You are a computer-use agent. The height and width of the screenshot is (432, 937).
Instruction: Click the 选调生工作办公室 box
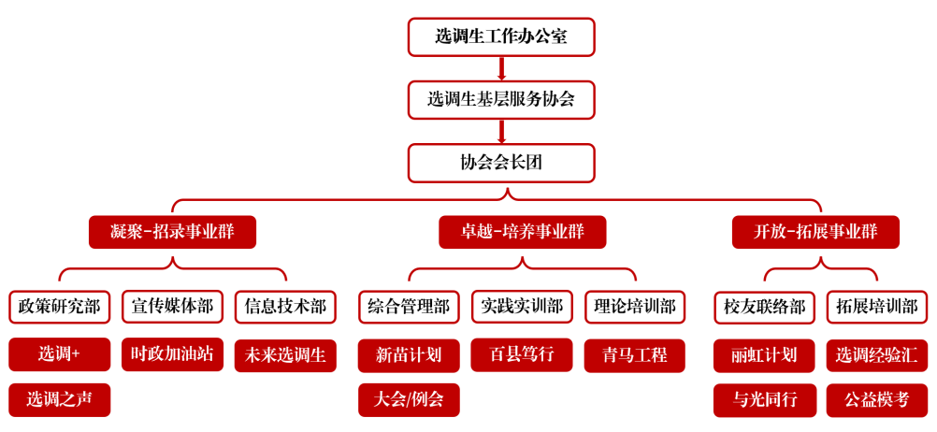[501, 37]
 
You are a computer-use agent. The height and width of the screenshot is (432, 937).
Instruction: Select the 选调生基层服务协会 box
[501, 100]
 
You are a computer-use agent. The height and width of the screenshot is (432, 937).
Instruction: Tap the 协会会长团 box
[501, 163]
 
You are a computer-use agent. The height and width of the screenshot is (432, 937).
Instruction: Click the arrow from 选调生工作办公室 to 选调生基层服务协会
[501, 68]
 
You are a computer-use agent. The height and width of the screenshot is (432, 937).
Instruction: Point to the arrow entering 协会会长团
[501, 132]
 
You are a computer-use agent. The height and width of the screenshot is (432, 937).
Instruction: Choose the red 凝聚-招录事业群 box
[173, 232]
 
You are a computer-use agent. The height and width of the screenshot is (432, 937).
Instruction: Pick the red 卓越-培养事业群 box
[523, 232]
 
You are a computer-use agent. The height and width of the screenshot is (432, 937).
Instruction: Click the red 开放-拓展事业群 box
[815, 232]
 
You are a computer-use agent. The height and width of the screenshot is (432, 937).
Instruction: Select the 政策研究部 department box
[60, 307]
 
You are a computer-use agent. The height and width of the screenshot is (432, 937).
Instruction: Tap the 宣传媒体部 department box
[172, 307]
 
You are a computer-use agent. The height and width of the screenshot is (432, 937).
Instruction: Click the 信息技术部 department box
[285, 307]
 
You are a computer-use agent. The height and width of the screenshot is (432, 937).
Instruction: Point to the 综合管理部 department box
[409, 307]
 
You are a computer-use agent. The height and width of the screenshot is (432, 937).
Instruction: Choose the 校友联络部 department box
[764, 307]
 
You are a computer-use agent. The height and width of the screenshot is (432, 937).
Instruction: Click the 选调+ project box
[60, 354]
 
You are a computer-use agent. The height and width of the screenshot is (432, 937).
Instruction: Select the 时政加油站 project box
[172, 354]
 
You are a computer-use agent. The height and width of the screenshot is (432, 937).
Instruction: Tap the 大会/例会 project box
[409, 399]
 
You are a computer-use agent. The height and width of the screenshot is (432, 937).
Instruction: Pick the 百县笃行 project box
[522, 354]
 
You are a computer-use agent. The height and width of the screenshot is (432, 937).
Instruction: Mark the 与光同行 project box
[764, 399]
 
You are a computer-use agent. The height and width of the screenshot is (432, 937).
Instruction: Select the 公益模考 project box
[877, 399]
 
